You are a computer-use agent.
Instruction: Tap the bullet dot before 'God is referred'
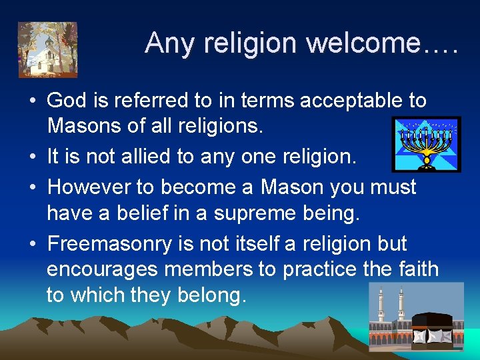click(32, 101)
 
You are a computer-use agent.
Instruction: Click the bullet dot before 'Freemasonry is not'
click(32, 244)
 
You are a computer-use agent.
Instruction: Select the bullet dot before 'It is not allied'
click(32, 158)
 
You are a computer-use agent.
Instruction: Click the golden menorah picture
click(426, 143)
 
